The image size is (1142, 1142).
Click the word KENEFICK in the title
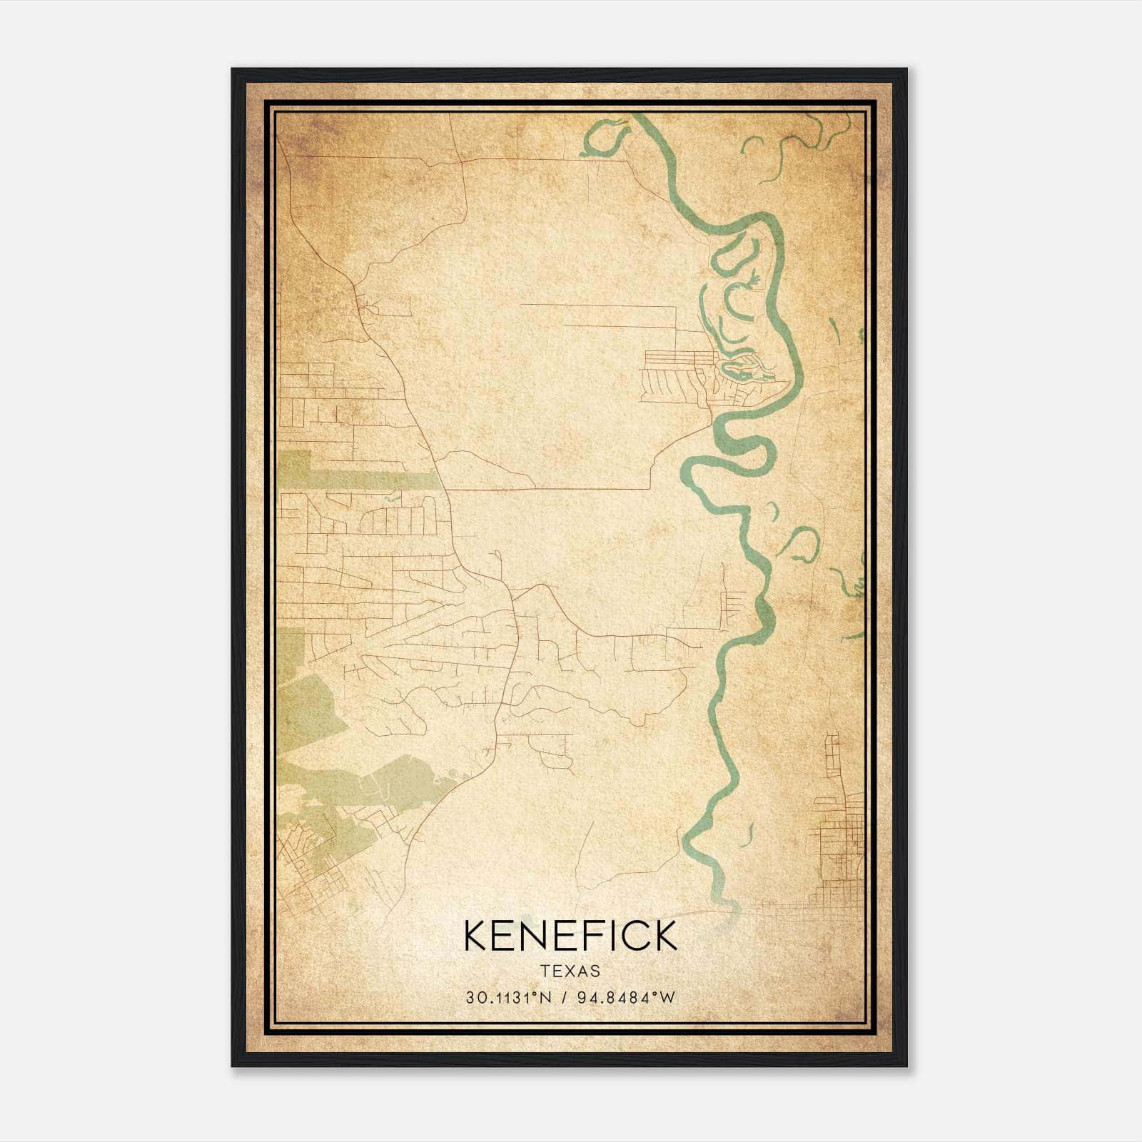pos(570,936)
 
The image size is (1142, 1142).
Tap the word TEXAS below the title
pos(570,971)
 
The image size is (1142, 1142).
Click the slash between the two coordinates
pos(565,998)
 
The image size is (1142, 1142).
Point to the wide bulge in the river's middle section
pos(764,612)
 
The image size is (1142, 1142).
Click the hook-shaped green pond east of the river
pos(803,546)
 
